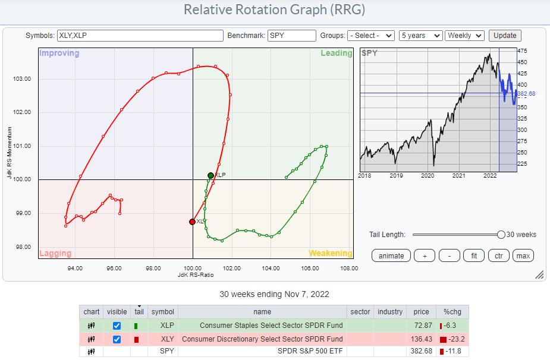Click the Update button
[505, 36]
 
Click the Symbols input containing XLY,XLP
[140, 36]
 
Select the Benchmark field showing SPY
[291, 36]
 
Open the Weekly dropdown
[465, 36]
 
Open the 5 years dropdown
[421, 36]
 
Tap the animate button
[391, 256]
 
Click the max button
[523, 256]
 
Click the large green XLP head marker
[210, 175]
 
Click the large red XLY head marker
[192, 222]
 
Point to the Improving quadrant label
[59, 53]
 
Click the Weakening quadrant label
[330, 254]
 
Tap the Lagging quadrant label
[55, 254]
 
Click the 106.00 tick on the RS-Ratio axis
[310, 269]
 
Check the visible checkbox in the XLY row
[117, 339]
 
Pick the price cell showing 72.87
[421, 326]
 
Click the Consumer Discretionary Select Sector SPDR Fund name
[262, 339]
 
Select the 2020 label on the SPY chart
[428, 176]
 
